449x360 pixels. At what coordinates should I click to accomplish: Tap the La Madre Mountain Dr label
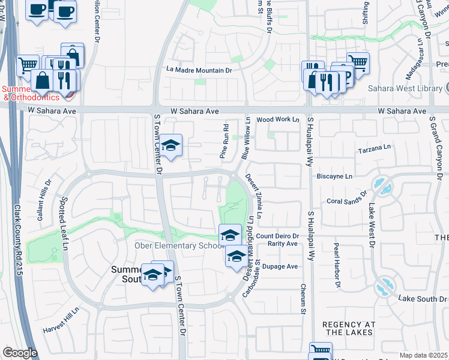pos(199,70)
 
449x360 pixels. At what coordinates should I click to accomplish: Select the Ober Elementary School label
pos(173,245)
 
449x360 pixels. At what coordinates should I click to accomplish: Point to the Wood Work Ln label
pos(277,120)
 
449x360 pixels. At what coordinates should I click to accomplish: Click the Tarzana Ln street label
pos(374,148)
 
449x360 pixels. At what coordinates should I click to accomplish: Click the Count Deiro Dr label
pos(277,236)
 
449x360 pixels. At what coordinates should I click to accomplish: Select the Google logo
pos(20,353)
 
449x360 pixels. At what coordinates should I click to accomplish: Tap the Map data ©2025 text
pos(424,355)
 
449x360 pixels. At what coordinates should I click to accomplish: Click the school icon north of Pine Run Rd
pos(170,146)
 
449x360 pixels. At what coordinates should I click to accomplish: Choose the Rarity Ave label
pos(283,244)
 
